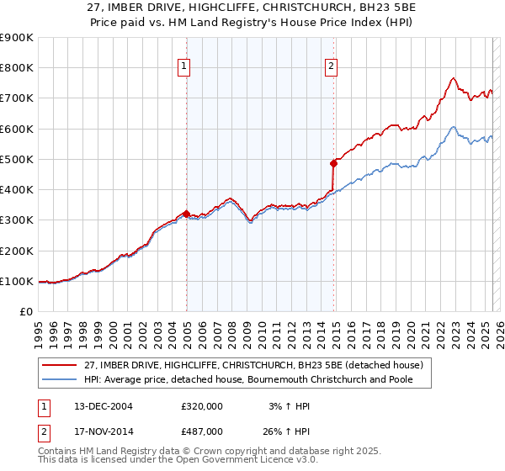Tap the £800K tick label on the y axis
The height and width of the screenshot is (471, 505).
pyautogui.click(x=17, y=68)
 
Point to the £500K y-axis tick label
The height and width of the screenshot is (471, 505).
pyautogui.click(x=17, y=159)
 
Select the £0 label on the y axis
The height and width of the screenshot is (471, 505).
pyautogui.click(x=25, y=311)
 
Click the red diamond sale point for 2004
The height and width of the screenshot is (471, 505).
pyautogui.click(x=186, y=214)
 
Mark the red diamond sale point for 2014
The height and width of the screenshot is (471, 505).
pyautogui.click(x=334, y=163)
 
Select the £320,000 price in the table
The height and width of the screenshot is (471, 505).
pyautogui.click(x=202, y=406)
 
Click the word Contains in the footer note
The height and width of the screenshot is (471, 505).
pyautogui.click(x=59, y=451)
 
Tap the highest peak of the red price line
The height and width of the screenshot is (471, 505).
pyautogui.click(x=453, y=78)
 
